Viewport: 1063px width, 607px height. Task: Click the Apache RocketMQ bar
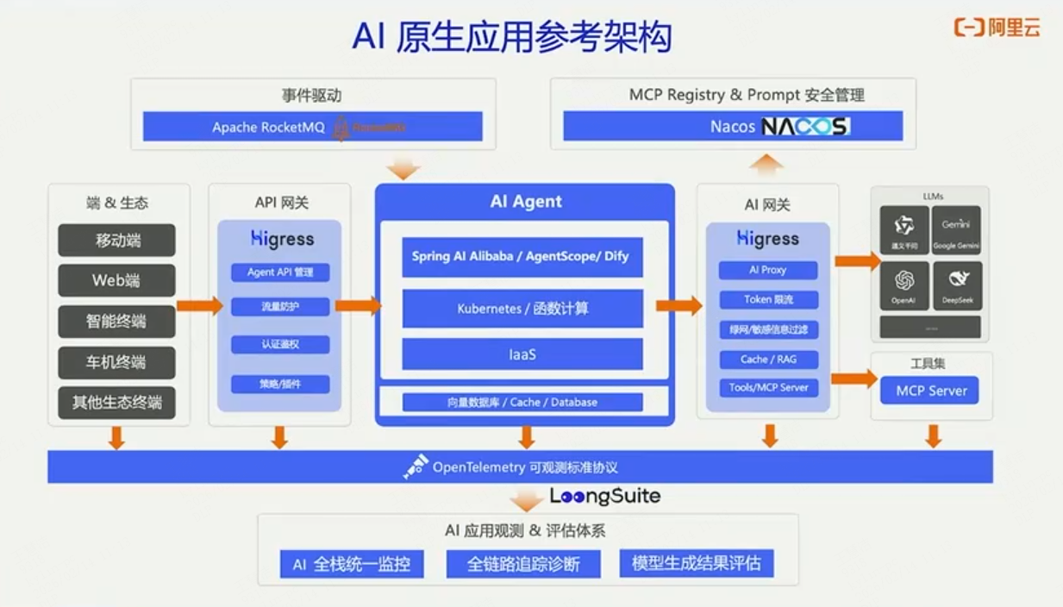[x=312, y=128]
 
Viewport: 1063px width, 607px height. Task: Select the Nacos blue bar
[x=733, y=126]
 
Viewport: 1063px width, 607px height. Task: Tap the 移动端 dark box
[x=117, y=241]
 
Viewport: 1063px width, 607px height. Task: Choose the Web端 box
[x=117, y=280]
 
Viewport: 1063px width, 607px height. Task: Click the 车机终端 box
[x=117, y=362]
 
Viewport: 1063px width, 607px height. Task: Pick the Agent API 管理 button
[x=280, y=272]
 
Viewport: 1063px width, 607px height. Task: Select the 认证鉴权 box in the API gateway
[x=280, y=345]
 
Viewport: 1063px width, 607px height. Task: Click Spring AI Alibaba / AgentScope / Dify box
[x=522, y=257]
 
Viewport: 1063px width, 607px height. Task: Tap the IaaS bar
[x=522, y=354]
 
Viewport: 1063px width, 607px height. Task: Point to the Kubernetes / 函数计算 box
[x=522, y=308]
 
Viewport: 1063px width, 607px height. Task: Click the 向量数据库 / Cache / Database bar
[x=522, y=402]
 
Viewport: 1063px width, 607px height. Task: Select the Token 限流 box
[x=768, y=300]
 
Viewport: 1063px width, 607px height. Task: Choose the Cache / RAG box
[x=768, y=360]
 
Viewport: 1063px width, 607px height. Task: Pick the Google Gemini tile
[x=956, y=229]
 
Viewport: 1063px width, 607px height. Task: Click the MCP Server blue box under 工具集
[x=931, y=391]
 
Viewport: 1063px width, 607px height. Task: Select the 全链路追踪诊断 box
[x=522, y=564]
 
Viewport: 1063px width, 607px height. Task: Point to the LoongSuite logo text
[x=605, y=496]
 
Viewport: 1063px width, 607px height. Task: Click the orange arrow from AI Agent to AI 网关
[x=678, y=305]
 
